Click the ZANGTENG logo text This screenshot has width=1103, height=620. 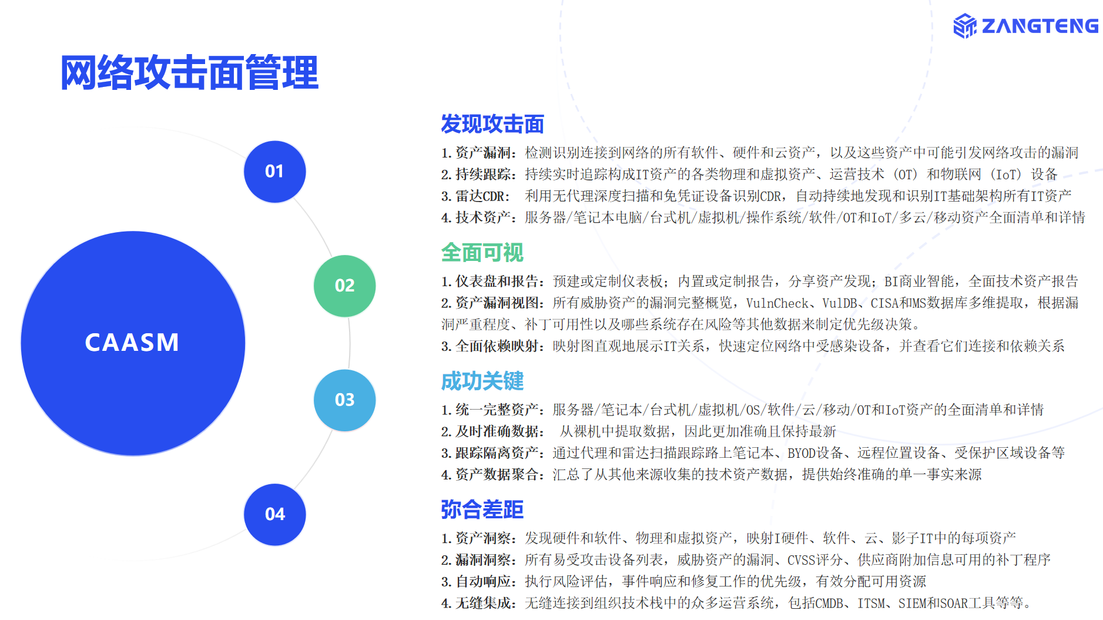tap(1040, 26)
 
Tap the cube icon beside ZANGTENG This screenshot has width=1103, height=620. tap(965, 26)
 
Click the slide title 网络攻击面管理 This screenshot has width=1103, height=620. tap(189, 73)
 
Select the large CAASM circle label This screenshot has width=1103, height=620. tap(132, 343)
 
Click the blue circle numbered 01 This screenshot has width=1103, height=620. tap(274, 172)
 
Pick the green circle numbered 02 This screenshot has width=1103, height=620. tap(344, 286)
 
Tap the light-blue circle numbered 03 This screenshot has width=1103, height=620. tap(344, 400)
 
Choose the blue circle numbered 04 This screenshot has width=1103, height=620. tap(274, 514)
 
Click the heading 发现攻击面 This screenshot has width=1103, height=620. tap(492, 124)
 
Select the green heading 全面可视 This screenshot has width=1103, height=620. tap(482, 253)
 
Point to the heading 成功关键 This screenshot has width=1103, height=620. tap(482, 381)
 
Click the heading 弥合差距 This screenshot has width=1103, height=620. tap(482, 510)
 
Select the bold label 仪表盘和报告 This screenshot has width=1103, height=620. tap(497, 281)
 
